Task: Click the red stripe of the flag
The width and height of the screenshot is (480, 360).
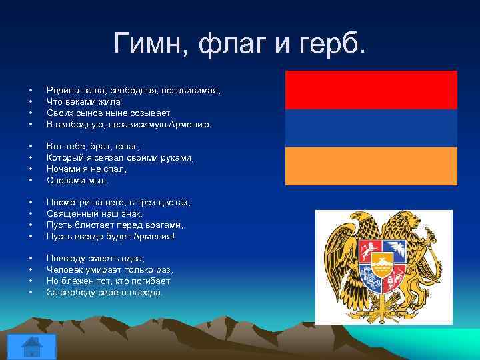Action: click(x=371, y=90)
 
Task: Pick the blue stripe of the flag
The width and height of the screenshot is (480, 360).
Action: click(x=371, y=128)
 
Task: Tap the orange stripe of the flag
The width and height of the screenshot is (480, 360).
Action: click(x=371, y=166)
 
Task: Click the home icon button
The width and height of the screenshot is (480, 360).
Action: click(x=31, y=346)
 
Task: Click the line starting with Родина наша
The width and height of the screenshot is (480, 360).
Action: click(x=133, y=90)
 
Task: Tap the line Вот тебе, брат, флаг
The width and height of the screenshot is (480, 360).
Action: click(x=93, y=146)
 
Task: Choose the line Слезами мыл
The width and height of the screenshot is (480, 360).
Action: click(x=77, y=180)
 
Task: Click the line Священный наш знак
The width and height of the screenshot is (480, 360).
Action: click(x=95, y=214)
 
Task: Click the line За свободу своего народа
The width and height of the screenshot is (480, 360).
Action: click(x=105, y=293)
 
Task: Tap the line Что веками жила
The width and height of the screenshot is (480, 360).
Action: click(x=83, y=101)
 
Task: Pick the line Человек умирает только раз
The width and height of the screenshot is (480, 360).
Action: click(x=110, y=270)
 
